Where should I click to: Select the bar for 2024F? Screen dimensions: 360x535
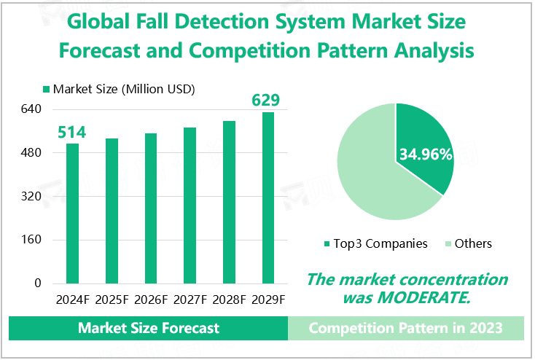coord(72,213)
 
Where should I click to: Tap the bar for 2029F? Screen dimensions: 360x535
coord(268,197)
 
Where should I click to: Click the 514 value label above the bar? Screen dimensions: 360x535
coord(72,132)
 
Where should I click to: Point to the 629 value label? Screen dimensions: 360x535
coord(266,100)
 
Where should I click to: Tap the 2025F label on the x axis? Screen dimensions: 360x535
coord(112,300)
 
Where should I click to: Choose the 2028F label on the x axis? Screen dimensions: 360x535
coord(229,300)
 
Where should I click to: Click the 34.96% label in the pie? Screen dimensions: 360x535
coord(426,154)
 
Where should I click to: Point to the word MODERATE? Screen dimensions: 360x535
coord(431,297)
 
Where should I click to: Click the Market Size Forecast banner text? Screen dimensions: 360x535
coord(149,328)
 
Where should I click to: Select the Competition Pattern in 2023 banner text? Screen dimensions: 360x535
coord(405,328)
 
